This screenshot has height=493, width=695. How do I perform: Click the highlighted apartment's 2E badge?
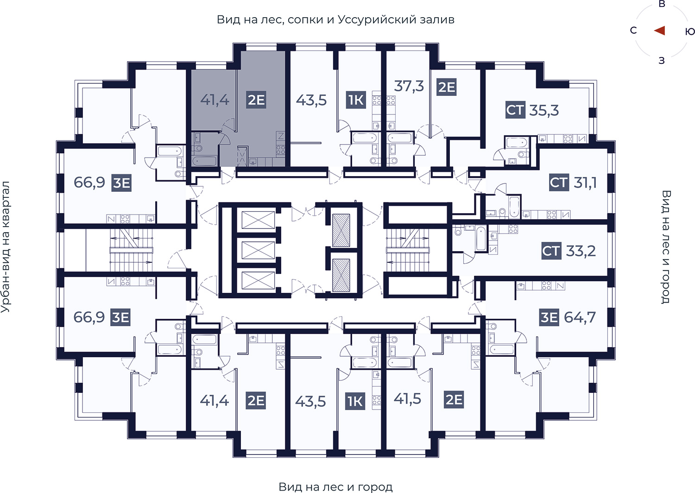(256, 100)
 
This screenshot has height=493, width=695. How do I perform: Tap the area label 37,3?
(409, 86)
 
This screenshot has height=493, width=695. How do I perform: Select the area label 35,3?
(544, 110)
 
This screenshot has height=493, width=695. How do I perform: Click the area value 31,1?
(585, 183)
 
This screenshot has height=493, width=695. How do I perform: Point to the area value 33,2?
(581, 251)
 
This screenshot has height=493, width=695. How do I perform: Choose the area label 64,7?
(580, 317)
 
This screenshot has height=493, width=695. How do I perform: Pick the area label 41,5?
(407, 399)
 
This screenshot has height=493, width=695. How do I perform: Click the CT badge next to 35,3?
(515, 110)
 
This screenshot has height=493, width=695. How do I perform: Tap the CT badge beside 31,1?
(559, 183)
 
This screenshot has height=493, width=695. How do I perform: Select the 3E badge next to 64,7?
(549, 317)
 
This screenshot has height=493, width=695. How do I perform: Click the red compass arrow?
(659, 31)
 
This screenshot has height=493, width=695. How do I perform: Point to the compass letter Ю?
(690, 32)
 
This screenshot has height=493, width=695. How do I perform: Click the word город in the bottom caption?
(375, 487)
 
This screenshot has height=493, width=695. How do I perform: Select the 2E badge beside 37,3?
(447, 87)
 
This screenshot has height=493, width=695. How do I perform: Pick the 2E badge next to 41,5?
(454, 399)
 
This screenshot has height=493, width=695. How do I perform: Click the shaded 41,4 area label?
(215, 100)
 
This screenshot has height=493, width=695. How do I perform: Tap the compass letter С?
(633, 31)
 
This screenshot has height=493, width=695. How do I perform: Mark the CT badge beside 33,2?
(551, 251)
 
